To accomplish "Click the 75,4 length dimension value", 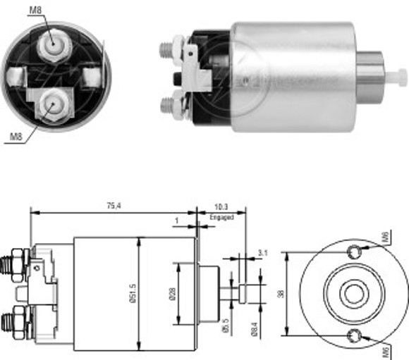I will pyautogui.click(x=112, y=206).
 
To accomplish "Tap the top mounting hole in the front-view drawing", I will pyautogui.click(x=355, y=252).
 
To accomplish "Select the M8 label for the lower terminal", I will pyautogui.click(x=15, y=136).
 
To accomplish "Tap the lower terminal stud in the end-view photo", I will pyautogui.click(x=50, y=103).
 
